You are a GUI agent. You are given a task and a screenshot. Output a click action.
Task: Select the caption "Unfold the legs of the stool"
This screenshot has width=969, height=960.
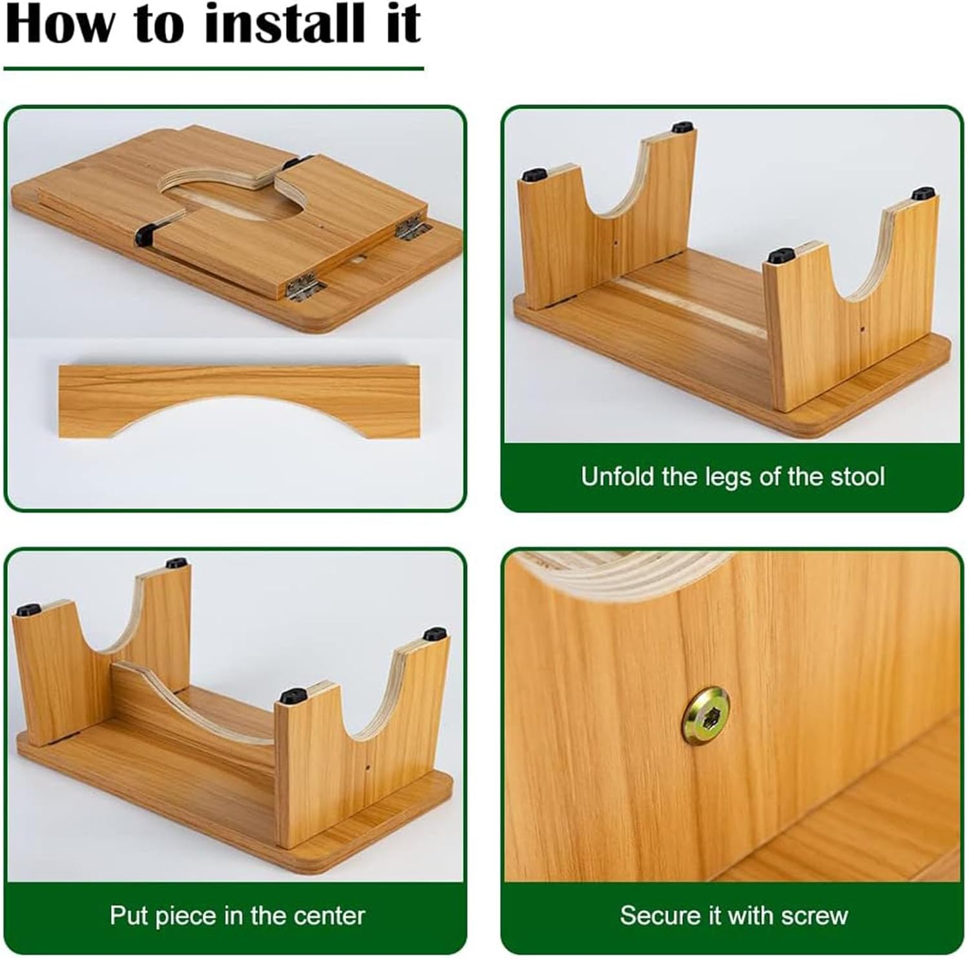click(733, 477)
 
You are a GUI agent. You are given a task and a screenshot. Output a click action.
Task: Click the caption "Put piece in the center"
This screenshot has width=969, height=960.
click(237, 915)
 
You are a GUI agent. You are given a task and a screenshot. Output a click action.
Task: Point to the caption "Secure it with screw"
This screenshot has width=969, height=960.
click(734, 915)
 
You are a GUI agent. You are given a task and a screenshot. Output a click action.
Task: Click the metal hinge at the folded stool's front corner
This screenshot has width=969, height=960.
click(304, 287)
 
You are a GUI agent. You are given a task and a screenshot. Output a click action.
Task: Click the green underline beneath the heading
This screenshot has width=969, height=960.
click(214, 68)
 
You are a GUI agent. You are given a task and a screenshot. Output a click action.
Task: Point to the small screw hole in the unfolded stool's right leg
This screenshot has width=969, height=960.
click(864, 329)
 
